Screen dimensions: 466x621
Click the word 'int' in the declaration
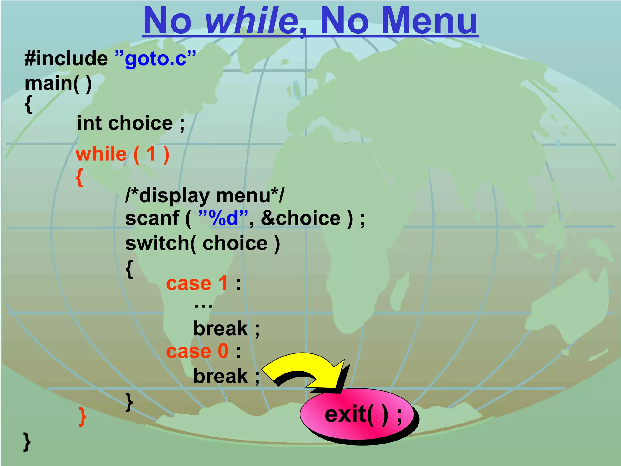coord(89,123)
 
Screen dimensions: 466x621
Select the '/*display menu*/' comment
coord(205,196)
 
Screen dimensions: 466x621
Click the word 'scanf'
coord(152,218)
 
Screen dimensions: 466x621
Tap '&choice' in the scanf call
coord(300,218)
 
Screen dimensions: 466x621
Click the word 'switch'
coord(158,243)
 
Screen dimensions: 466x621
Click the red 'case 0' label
coord(197,351)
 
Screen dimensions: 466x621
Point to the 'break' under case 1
coord(220,328)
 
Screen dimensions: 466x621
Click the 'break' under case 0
coord(220,376)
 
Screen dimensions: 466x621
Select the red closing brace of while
coord(82,417)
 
